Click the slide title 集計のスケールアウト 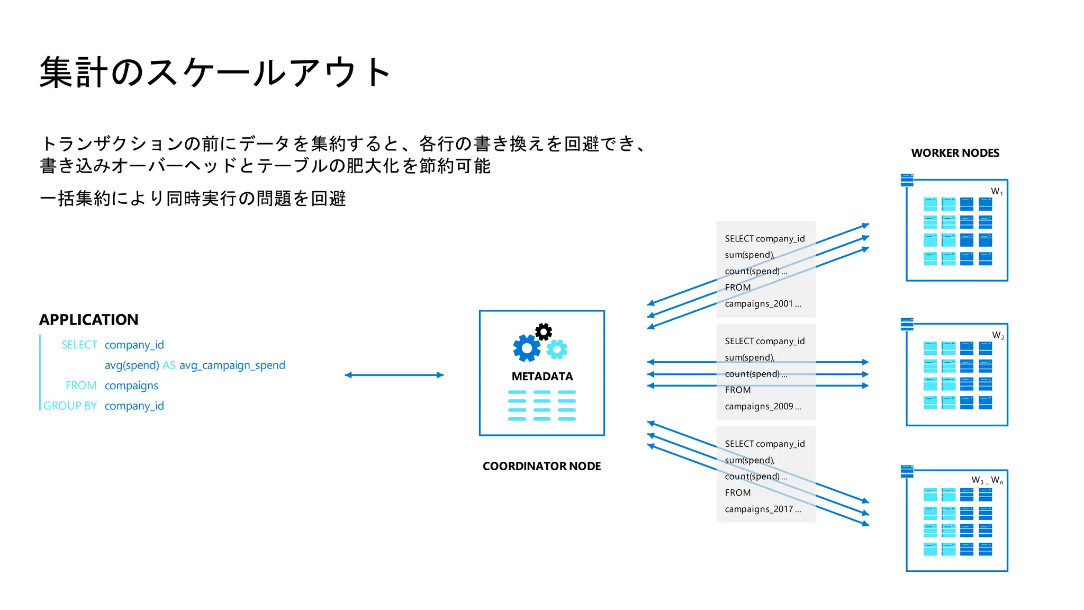point(214,73)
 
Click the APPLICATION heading point(88,320)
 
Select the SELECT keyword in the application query point(79,345)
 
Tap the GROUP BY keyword point(70,406)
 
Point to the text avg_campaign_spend point(232,365)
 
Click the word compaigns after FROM point(131,386)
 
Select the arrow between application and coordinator point(394,375)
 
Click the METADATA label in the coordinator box point(542,376)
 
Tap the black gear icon point(543,332)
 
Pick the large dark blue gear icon point(527,348)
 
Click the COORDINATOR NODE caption point(541,467)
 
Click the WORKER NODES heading point(955,153)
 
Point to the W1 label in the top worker point(997,192)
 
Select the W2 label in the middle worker point(998,336)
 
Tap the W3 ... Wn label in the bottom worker point(987,480)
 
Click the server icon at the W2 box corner point(907,324)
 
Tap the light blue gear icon point(557,349)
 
